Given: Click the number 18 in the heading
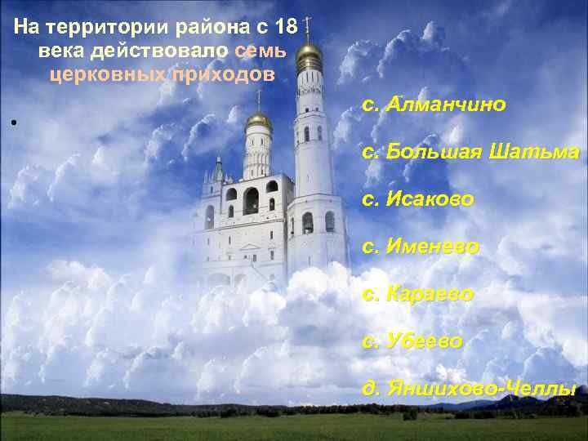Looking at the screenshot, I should pyautogui.click(x=287, y=28).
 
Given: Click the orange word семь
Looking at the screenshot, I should pyautogui.click(x=260, y=51).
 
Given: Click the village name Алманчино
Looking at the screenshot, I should pyautogui.click(x=447, y=105).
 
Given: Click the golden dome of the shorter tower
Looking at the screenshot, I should pyautogui.click(x=258, y=120).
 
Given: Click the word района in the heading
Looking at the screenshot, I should pyautogui.click(x=230, y=28).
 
